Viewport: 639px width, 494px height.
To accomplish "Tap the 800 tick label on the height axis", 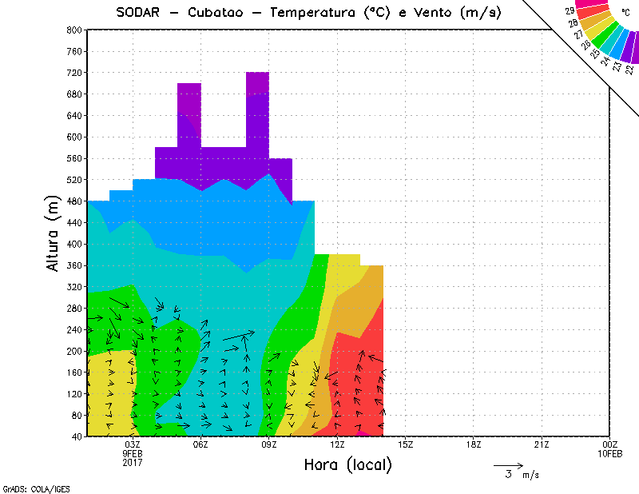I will [x=74, y=30].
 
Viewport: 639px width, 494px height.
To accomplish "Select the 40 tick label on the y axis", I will [x=77, y=436].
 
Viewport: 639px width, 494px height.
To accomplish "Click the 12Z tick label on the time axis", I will [x=337, y=444].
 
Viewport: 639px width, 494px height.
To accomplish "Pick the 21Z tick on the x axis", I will [x=542, y=444].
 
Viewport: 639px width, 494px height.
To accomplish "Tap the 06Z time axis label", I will [x=200, y=444].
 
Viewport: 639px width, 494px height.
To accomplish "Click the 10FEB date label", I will [x=610, y=454].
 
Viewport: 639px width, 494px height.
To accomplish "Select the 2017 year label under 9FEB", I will [x=133, y=463].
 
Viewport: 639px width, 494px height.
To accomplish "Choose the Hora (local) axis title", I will [x=348, y=465].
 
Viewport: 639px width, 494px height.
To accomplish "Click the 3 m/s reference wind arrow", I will [x=508, y=464].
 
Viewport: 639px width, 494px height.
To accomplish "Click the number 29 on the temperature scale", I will [x=570, y=11].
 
